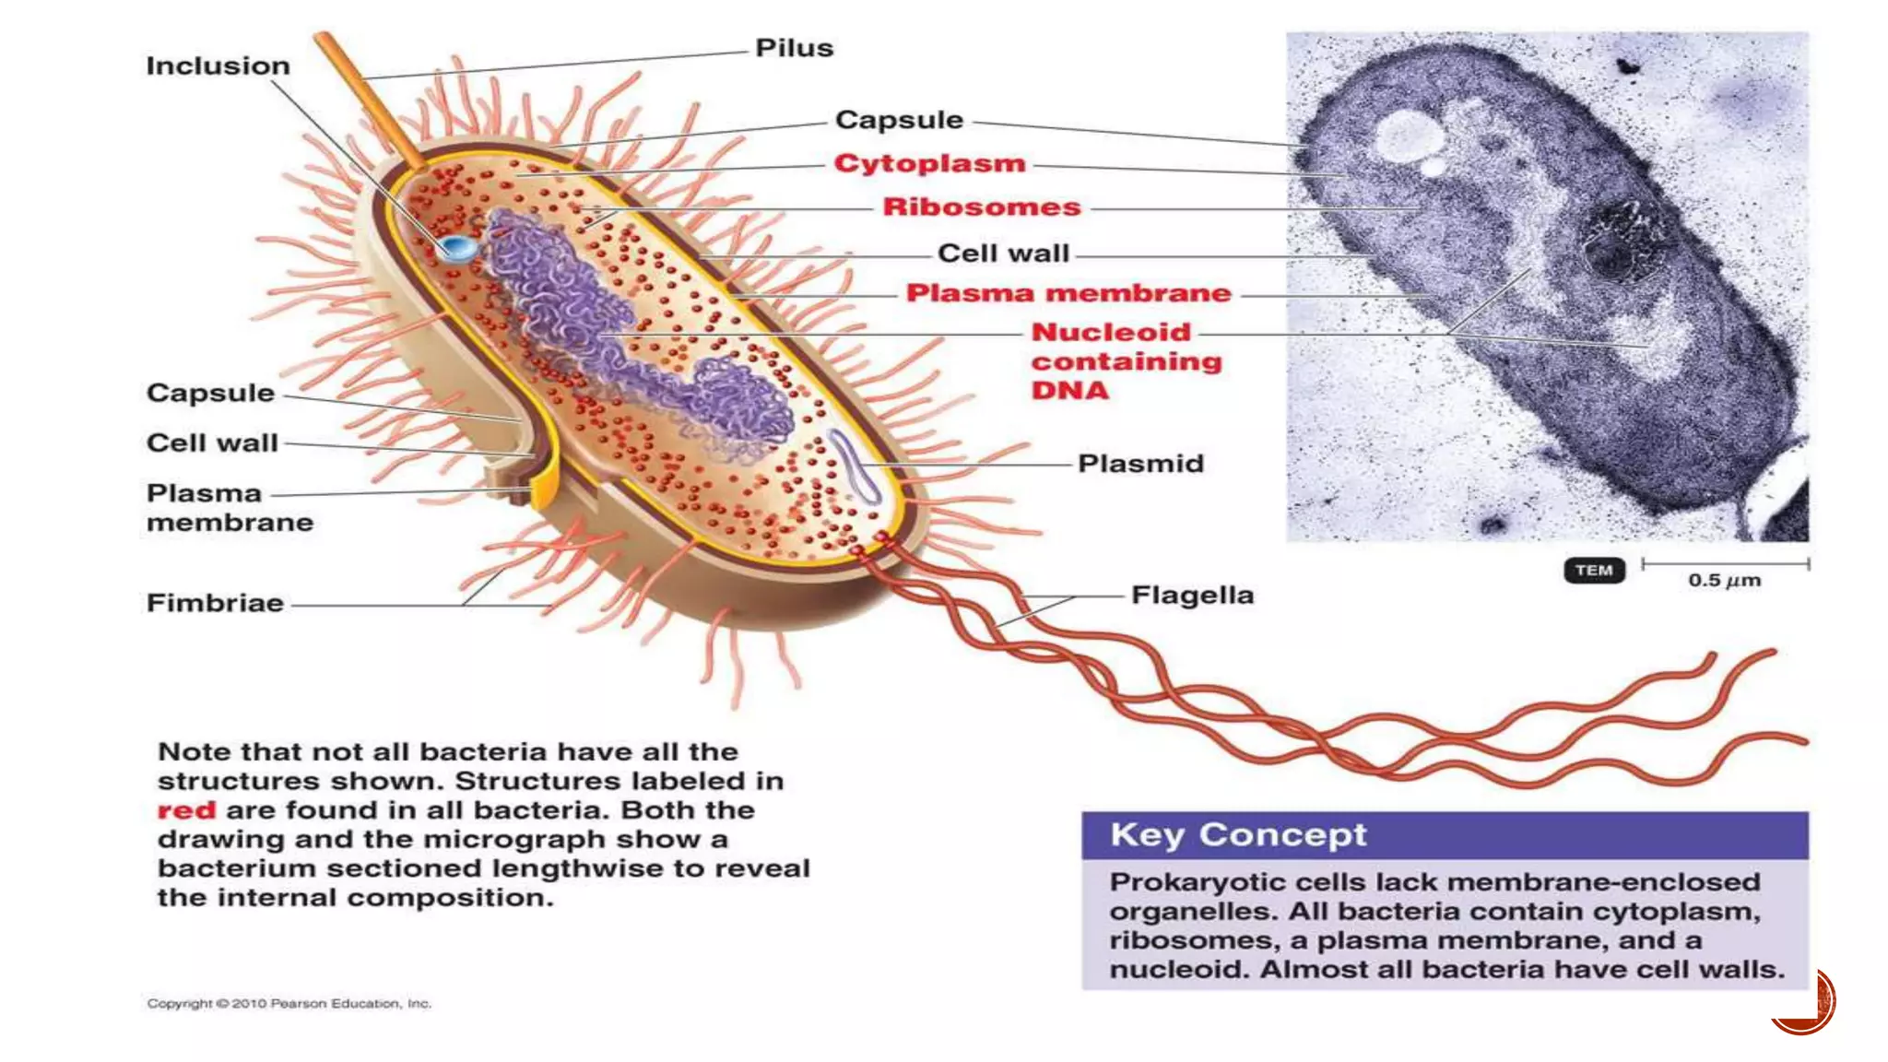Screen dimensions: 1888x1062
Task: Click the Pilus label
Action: [x=794, y=48]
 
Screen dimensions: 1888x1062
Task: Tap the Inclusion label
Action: [x=218, y=66]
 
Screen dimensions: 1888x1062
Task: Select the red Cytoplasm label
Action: [x=929, y=163]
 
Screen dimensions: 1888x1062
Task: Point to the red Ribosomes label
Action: [x=981, y=206]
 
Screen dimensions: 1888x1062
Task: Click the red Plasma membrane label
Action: [x=1068, y=293]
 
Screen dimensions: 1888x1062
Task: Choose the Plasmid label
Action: [x=1140, y=463]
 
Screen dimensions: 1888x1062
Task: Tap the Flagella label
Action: [x=1192, y=596]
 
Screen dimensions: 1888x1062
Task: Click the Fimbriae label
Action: [x=215, y=603]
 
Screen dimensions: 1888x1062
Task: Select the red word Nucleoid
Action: [x=1111, y=332]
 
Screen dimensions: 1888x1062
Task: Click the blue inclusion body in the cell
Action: [x=456, y=248]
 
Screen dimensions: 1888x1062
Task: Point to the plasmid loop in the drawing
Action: [x=855, y=466]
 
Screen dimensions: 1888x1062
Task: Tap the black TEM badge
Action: [x=1593, y=571]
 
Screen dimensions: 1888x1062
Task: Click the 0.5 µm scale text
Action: [x=1724, y=581]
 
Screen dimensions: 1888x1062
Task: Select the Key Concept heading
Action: [x=1237, y=834]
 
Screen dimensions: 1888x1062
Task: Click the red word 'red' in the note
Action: [x=186, y=810]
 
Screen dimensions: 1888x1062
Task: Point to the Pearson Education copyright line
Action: [x=289, y=1003]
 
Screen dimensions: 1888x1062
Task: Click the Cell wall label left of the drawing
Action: [x=212, y=443]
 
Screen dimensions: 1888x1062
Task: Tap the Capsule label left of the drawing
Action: [x=210, y=393]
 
